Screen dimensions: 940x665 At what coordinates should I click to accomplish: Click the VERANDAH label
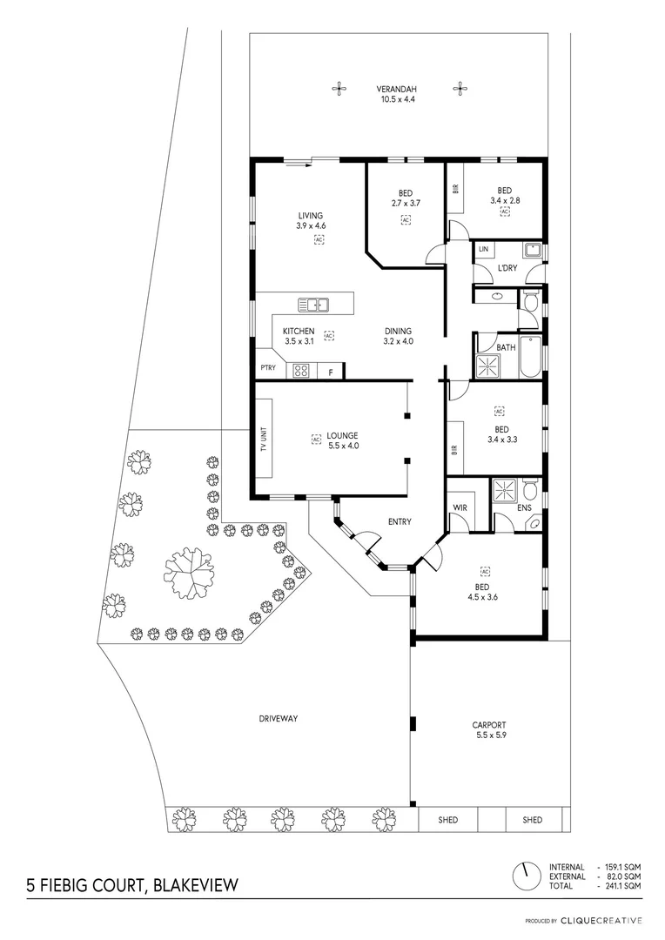[x=397, y=89]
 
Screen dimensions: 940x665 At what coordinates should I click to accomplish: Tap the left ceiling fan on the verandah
[x=339, y=88]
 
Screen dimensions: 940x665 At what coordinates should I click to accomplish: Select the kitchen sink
[x=312, y=304]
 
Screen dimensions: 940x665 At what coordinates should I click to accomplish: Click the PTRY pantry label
[x=268, y=368]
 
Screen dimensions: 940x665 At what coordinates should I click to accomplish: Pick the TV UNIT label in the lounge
[x=263, y=437]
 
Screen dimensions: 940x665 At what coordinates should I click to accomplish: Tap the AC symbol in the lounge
[x=316, y=440]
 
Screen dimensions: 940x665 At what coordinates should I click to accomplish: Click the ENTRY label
[x=400, y=522]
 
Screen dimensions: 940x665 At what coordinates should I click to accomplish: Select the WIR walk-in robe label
[x=460, y=507]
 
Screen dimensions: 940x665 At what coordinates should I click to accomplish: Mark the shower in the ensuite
[x=504, y=492]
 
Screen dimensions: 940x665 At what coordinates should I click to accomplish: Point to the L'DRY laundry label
[x=507, y=268]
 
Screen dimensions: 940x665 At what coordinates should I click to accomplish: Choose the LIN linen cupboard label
[x=484, y=250]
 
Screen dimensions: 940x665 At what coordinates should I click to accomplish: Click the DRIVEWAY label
[x=279, y=718]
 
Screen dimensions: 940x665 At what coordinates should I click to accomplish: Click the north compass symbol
[x=524, y=876]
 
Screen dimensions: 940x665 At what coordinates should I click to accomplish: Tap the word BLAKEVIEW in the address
[x=194, y=886]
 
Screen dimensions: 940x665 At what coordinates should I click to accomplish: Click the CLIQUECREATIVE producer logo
[x=600, y=920]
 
